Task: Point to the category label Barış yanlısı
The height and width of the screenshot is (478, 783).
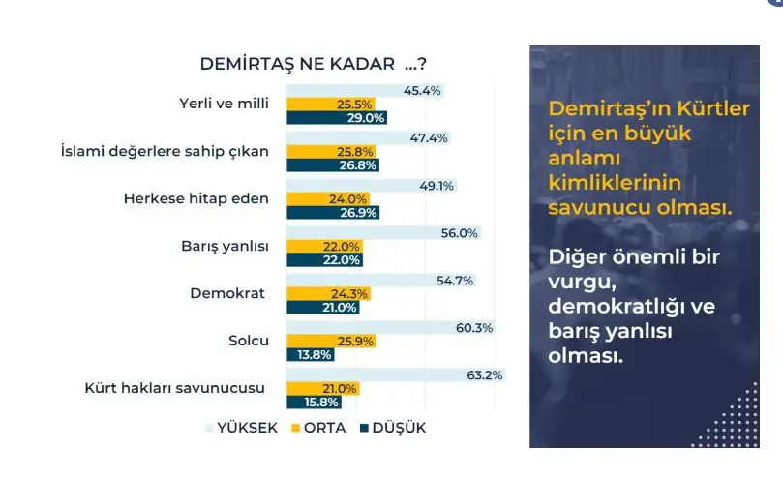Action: pyautogui.click(x=226, y=246)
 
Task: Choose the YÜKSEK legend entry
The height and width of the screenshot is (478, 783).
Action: pyautogui.click(x=242, y=428)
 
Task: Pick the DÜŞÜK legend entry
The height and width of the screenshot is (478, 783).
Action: pyautogui.click(x=393, y=428)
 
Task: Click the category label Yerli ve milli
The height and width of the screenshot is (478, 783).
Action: pyautogui.click(x=225, y=104)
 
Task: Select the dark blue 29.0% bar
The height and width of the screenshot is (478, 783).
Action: pyautogui.click(x=337, y=118)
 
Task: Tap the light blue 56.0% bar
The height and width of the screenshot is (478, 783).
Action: pyautogui.click(x=383, y=233)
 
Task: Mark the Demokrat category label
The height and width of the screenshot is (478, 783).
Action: pyautogui.click(x=233, y=292)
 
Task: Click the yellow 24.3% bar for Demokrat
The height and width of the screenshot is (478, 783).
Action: pyautogui.click(x=327, y=294)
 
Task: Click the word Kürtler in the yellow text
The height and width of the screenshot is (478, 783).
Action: pyautogui.click(x=711, y=110)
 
